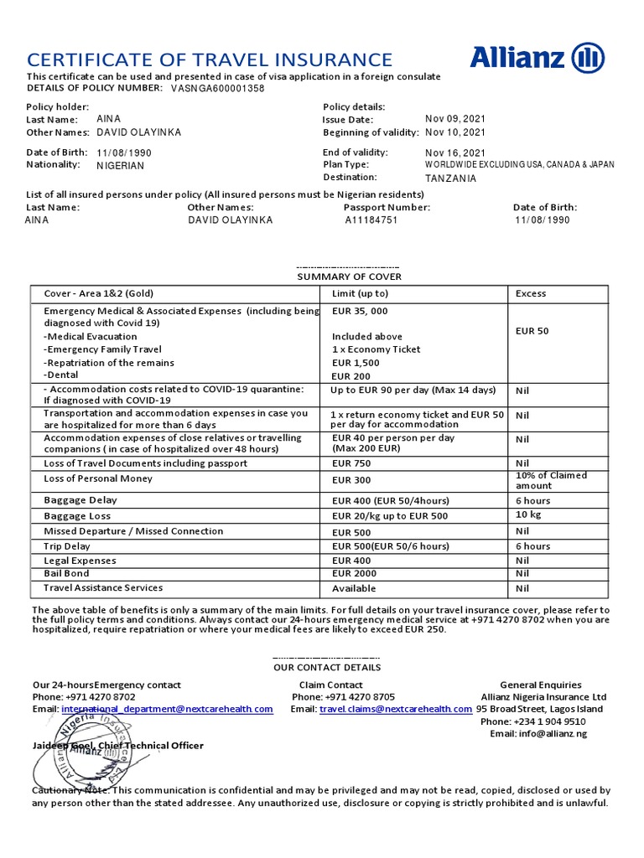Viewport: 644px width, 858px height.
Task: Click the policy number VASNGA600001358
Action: pyautogui.click(x=217, y=88)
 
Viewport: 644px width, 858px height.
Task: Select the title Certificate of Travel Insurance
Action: pyautogui.click(x=210, y=59)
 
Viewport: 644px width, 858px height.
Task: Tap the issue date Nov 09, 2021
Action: pyautogui.click(x=455, y=119)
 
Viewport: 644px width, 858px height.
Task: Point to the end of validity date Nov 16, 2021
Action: pyautogui.click(x=455, y=152)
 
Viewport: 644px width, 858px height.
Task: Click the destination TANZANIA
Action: pyautogui.click(x=450, y=178)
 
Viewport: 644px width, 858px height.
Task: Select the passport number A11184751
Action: pyautogui.click(x=371, y=220)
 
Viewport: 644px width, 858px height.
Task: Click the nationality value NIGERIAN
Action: pyautogui.click(x=121, y=166)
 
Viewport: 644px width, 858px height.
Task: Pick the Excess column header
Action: pyautogui.click(x=531, y=293)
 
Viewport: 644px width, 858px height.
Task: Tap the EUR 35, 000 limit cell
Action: pyautogui.click(x=360, y=310)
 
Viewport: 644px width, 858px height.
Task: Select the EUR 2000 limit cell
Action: pyautogui.click(x=355, y=573)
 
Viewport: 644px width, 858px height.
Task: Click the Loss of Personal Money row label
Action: pyautogui.click(x=98, y=478)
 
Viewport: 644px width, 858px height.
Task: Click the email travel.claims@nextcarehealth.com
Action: pyautogui.click(x=396, y=709)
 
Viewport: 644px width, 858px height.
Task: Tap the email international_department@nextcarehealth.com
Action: pyautogui.click(x=167, y=709)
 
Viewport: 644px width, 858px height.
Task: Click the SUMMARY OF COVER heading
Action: pyautogui.click(x=350, y=277)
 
